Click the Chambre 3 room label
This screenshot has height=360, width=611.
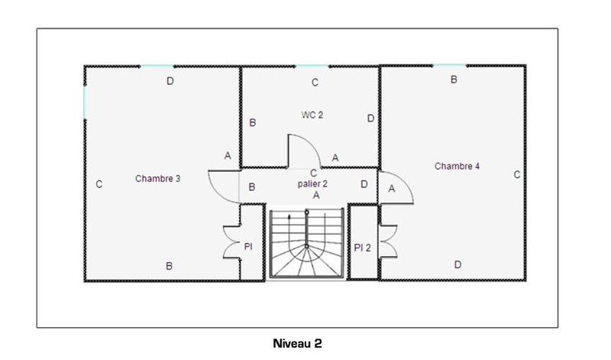tap(158, 179)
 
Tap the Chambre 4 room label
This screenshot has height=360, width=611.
tap(457, 166)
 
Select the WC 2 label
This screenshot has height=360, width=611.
tap(312, 115)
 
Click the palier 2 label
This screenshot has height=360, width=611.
tap(312, 184)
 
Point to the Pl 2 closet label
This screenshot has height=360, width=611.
tap(362, 248)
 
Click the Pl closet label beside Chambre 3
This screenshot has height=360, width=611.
tap(248, 248)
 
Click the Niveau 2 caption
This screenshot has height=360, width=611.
tap(297, 344)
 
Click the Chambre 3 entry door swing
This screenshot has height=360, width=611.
tap(223, 185)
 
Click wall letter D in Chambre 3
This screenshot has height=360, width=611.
tap(170, 81)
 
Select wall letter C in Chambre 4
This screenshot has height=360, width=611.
tap(516, 175)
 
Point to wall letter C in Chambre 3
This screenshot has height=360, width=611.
tap(99, 184)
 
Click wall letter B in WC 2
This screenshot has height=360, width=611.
tap(253, 122)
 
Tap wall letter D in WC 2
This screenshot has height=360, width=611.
tap(370, 118)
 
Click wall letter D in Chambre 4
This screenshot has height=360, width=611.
tap(457, 265)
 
